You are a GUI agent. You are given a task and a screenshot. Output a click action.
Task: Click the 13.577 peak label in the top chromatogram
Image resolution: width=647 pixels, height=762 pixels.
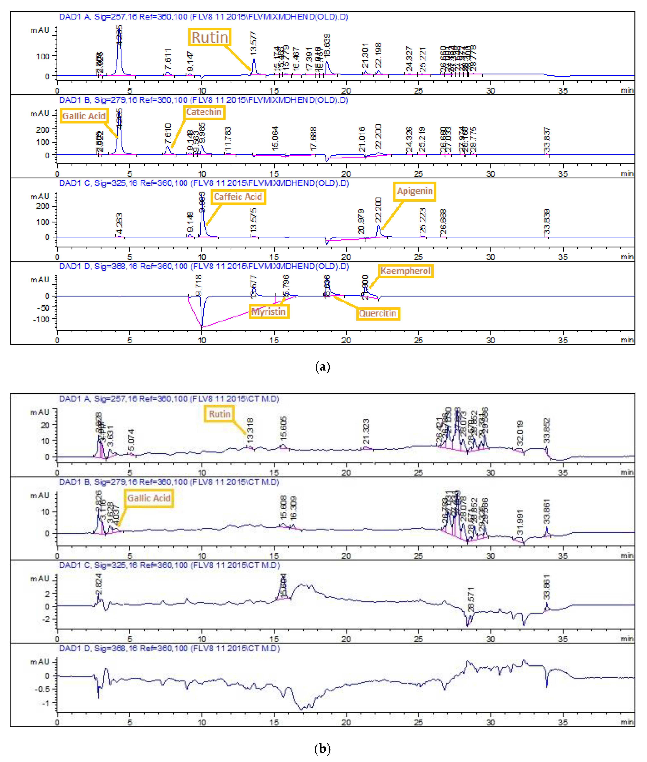254,43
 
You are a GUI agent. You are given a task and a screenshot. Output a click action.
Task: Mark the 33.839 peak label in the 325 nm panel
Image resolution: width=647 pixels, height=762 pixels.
546,222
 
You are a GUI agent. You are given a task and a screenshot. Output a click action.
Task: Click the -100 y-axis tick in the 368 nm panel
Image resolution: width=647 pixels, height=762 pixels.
41,319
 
